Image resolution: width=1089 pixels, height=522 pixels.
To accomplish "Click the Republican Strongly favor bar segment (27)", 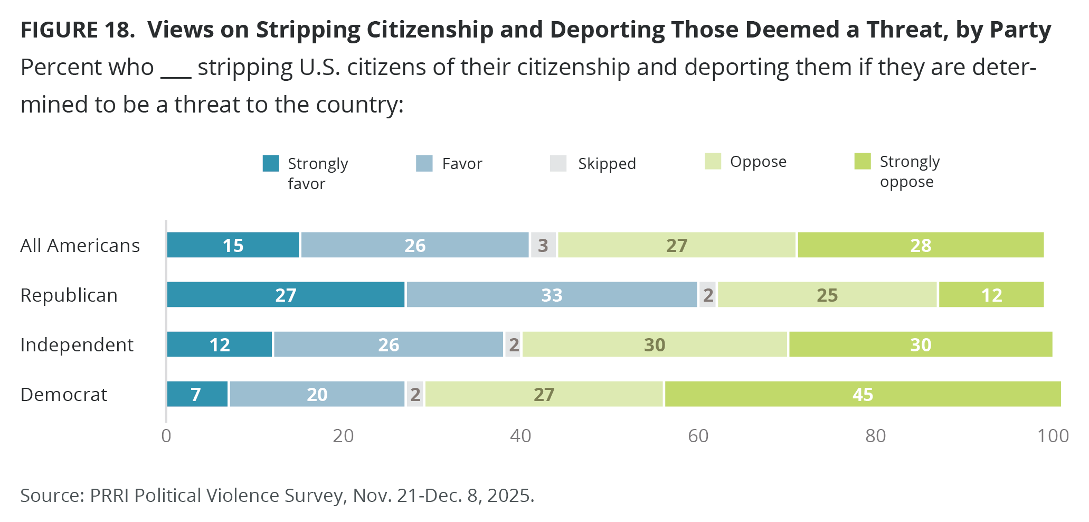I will [x=286, y=295].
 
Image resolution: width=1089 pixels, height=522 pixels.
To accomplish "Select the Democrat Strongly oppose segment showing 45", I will [x=863, y=394].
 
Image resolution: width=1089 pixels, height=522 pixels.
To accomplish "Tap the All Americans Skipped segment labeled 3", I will [x=543, y=245].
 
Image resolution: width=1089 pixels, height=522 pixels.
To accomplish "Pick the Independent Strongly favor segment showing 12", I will [x=220, y=344].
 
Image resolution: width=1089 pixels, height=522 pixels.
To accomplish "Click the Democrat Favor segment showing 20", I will [x=317, y=394].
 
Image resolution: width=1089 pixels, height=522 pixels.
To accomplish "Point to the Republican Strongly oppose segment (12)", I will [x=991, y=295].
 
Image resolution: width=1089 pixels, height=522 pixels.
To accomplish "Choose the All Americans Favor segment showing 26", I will [x=415, y=245].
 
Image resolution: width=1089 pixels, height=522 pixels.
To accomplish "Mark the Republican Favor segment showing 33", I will [x=552, y=295].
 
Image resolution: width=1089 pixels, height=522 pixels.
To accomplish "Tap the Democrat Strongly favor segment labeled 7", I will [x=197, y=394].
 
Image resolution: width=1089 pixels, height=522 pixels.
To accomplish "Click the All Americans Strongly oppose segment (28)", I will [x=921, y=245].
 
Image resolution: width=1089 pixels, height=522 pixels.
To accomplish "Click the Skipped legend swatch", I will [x=558, y=163].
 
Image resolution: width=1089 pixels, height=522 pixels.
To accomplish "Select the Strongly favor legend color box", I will [x=271, y=163].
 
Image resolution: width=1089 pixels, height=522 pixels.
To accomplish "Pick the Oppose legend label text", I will [x=758, y=162].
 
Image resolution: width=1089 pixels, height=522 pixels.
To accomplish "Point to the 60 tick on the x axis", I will [x=698, y=436].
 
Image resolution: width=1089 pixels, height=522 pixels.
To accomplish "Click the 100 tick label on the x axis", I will [x=1053, y=436].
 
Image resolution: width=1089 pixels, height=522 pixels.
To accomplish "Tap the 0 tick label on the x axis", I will [x=166, y=436].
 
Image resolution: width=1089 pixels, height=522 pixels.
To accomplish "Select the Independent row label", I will [x=77, y=345].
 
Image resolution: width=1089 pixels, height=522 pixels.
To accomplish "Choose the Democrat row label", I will [x=64, y=395].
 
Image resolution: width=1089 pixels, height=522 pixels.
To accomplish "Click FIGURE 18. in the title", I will [x=78, y=30].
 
